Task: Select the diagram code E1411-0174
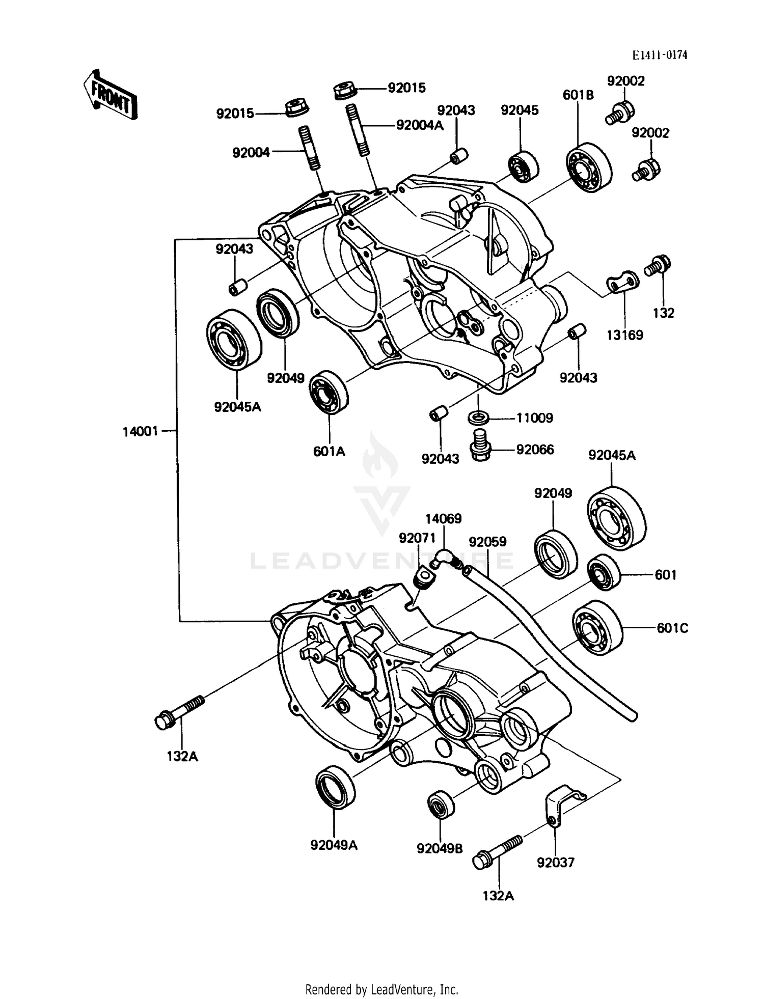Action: tap(660, 55)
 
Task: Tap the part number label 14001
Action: tap(140, 432)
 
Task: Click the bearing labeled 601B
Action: tap(589, 167)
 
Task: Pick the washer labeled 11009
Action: tap(478, 418)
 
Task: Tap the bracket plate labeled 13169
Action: tap(622, 282)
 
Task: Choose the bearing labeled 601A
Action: tap(329, 391)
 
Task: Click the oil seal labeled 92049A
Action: tap(336, 786)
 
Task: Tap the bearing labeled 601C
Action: tap(597, 628)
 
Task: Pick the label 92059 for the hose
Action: tap(487, 542)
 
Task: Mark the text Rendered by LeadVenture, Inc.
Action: tap(381, 989)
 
